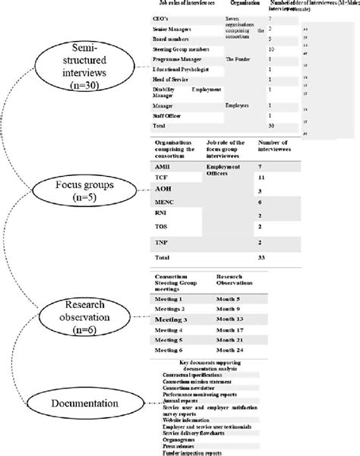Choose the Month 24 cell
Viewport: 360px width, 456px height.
coord(232,351)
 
